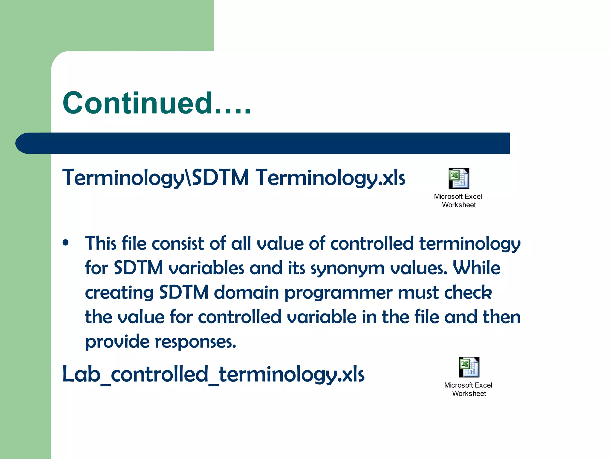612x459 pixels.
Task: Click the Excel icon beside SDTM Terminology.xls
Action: [459, 178]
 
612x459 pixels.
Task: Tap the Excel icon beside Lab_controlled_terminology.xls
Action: [469, 367]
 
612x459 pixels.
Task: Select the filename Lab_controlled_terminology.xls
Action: [213, 374]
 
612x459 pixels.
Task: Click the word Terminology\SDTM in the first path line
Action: [155, 178]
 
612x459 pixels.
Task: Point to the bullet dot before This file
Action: [66, 243]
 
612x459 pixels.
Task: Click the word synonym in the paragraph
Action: [347, 268]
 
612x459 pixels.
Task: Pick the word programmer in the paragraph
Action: [338, 293]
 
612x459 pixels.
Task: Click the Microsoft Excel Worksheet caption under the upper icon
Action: [458, 201]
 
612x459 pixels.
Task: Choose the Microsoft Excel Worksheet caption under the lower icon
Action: [468, 389]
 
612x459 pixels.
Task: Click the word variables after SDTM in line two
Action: [206, 268]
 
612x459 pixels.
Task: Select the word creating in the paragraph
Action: [119, 293]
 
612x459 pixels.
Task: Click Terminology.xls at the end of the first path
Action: [331, 178]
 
